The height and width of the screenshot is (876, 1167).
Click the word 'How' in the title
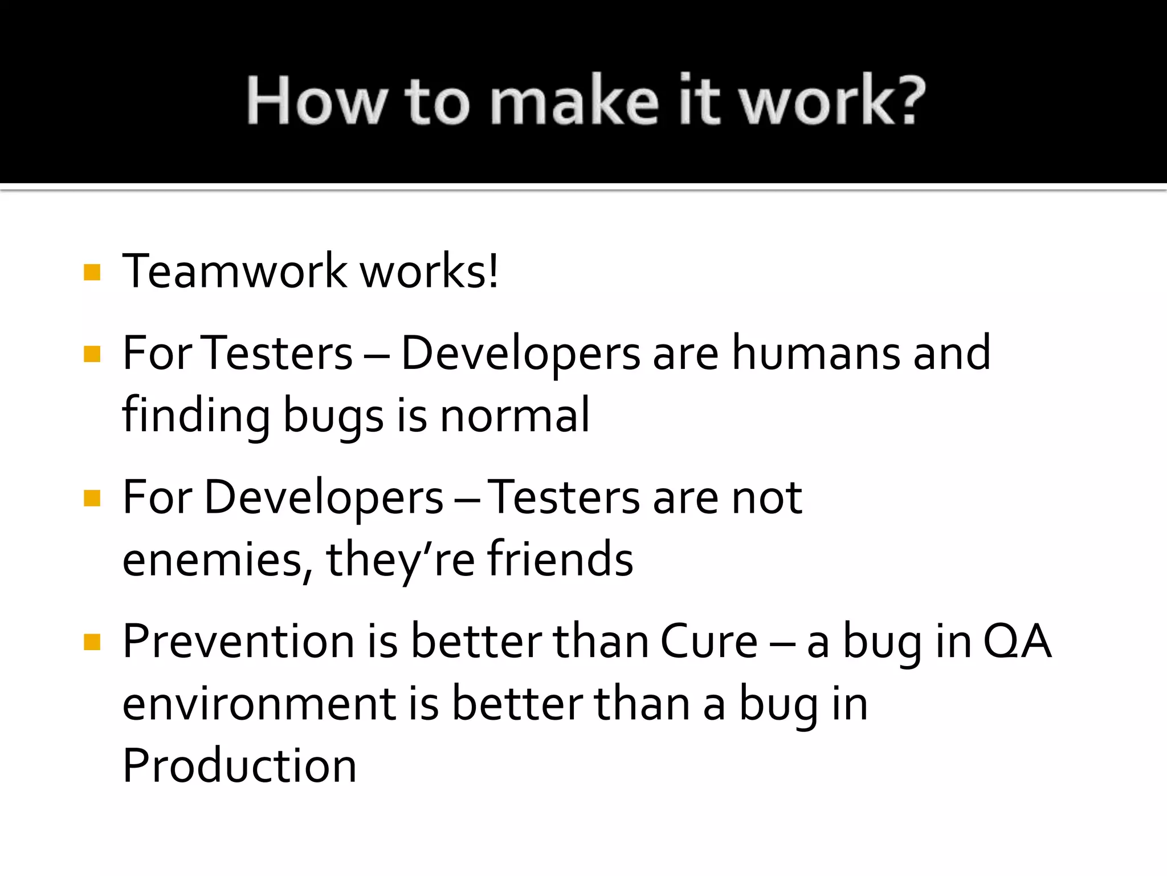pos(316,100)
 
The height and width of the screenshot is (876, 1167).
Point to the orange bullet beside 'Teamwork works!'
pos(92,272)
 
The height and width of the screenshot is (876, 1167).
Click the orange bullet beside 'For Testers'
pos(92,354)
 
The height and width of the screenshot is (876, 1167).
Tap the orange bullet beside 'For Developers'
pos(92,498)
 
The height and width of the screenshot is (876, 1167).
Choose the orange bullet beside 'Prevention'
pos(92,642)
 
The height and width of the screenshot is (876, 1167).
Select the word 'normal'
pos(515,415)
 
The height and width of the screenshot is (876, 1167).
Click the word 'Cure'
pos(709,642)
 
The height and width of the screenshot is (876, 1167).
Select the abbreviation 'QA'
pos(1017,642)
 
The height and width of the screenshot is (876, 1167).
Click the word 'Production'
pos(239,766)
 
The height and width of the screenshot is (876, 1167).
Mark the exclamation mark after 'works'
pos(493,271)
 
